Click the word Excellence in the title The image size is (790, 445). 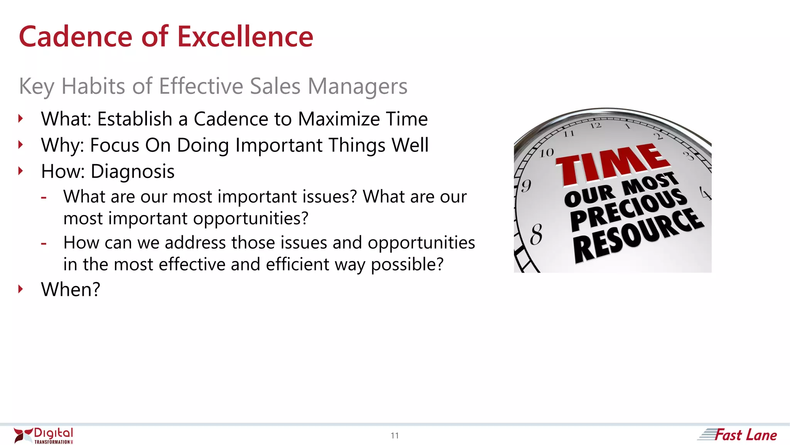click(245, 37)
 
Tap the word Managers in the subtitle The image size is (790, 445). click(357, 86)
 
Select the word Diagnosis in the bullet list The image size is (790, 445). click(132, 172)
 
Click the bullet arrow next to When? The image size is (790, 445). click(21, 289)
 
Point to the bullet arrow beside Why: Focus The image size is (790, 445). click(21, 145)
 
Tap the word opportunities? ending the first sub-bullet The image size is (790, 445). click(251, 219)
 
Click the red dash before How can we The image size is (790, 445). click(44, 243)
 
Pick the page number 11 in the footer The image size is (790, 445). click(395, 436)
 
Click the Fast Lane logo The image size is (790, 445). click(738, 435)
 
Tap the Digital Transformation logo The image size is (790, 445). click(43, 435)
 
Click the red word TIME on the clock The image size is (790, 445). click(613, 164)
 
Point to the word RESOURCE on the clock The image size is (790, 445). click(638, 236)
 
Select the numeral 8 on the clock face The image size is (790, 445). click(536, 234)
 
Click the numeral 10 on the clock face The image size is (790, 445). click(547, 153)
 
